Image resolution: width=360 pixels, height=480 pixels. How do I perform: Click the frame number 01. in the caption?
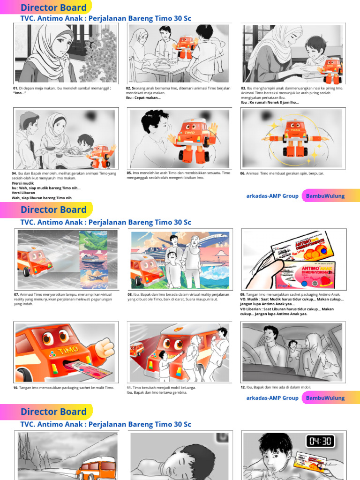(x=15, y=88)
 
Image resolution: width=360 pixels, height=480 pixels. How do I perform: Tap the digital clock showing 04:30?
(x=321, y=442)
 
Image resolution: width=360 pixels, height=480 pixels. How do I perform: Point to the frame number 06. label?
(x=243, y=173)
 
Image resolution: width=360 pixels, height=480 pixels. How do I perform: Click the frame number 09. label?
(x=243, y=294)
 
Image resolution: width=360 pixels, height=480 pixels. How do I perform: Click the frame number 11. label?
(x=129, y=388)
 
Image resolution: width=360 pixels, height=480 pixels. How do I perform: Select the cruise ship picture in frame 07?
(x=92, y=260)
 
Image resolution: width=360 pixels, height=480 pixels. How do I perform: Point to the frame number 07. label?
(x=16, y=294)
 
